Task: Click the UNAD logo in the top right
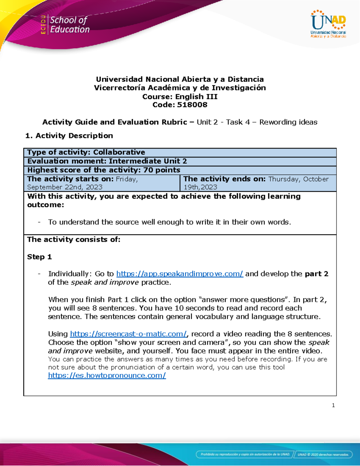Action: click(x=328, y=24)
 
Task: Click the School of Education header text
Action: click(x=70, y=25)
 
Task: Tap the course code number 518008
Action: click(x=192, y=105)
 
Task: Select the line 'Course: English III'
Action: click(x=180, y=96)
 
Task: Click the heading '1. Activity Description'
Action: click(x=69, y=136)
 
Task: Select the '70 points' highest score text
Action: click(x=162, y=170)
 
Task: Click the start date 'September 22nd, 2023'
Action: click(x=65, y=187)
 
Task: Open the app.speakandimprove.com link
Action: click(x=179, y=274)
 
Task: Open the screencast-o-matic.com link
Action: click(x=128, y=334)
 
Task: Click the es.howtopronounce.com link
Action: click(x=107, y=375)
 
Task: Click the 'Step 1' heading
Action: click(x=39, y=257)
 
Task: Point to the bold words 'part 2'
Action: click(x=316, y=274)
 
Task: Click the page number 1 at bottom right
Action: click(x=333, y=405)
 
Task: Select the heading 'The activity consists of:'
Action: click(x=73, y=239)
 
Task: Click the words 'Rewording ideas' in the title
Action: click(x=288, y=122)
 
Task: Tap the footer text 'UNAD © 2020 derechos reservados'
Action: click(x=323, y=454)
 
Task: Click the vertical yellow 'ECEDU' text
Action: click(x=43, y=25)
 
